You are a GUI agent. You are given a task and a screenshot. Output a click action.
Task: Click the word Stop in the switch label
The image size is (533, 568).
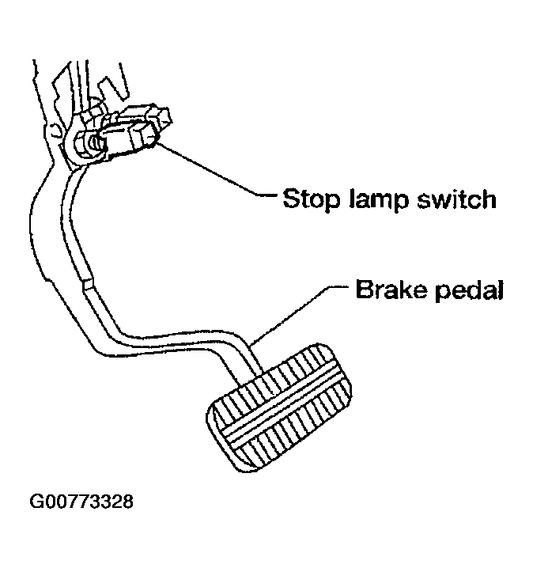coord(310,199)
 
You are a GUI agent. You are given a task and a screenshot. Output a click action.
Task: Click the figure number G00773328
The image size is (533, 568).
coord(81,502)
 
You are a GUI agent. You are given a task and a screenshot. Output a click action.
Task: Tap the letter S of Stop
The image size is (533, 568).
coord(291,199)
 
